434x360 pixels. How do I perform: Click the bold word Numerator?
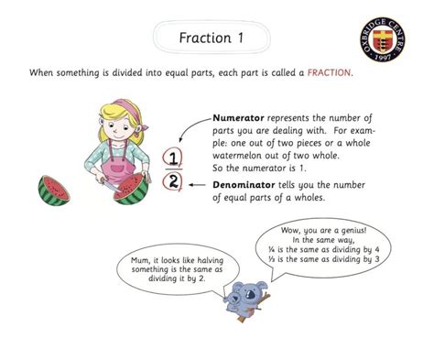coord(238,118)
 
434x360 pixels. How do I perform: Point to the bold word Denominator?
coord(244,183)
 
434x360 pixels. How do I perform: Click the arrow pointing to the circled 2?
coord(196,183)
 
